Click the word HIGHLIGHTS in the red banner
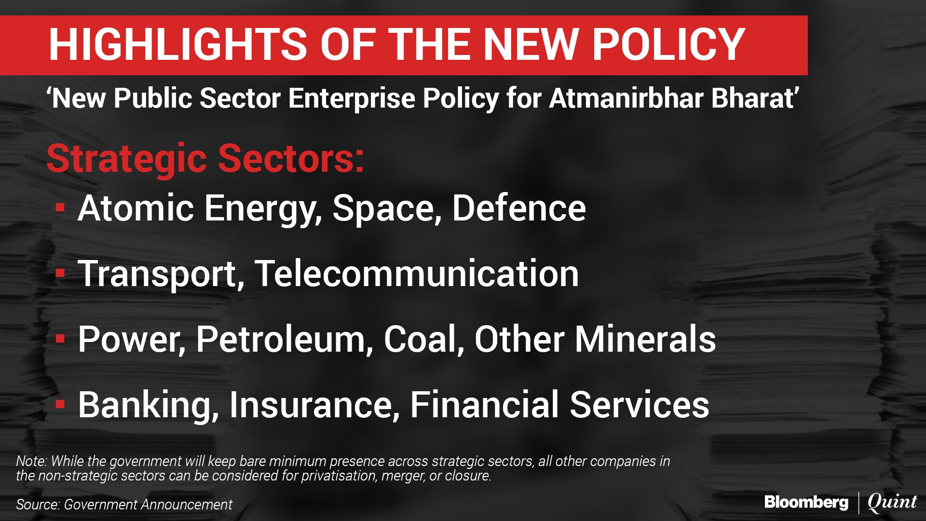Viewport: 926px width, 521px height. tap(178, 44)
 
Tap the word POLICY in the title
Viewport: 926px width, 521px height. tap(669, 44)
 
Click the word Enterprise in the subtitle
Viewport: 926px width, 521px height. tap(352, 99)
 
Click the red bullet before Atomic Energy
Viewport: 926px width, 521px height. tap(60, 207)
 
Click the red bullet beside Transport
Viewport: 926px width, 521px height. tap(60, 274)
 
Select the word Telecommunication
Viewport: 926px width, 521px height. tap(417, 274)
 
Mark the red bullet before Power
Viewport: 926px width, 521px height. tap(60, 339)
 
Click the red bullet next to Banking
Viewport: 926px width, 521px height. tap(60, 404)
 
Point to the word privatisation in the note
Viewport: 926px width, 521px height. tap(339, 476)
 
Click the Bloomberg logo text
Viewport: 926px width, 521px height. tap(806, 503)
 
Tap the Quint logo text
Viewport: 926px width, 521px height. tap(892, 503)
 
